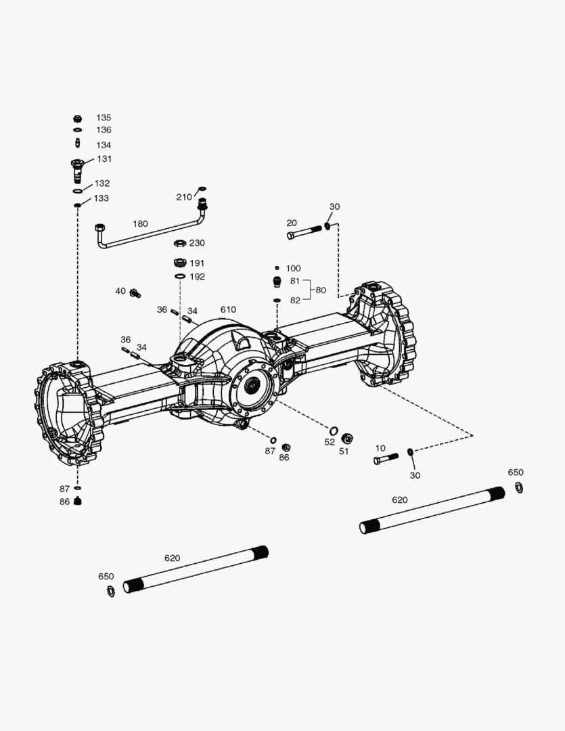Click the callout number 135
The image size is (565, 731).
pos(103,118)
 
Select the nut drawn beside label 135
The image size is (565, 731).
pos(78,118)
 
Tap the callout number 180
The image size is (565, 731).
pos(140,223)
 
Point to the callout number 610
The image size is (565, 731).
pos(229,309)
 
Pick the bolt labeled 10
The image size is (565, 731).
pos(385,459)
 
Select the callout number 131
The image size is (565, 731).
pos(104,159)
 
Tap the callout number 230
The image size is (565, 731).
pos(197,243)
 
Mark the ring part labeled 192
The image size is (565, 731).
pos(180,277)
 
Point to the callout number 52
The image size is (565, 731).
pos(330,442)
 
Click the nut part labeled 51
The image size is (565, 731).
pos(347,438)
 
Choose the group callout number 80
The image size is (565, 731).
pos(321,290)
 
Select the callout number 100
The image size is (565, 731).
pos(293,269)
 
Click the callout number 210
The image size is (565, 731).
pos(184,197)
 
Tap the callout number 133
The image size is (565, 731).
pos(101,198)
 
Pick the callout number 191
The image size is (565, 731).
pos(197,263)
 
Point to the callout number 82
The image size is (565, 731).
pos(295,300)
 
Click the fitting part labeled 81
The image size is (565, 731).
pos(277,282)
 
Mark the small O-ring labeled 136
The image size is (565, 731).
pos(78,130)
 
